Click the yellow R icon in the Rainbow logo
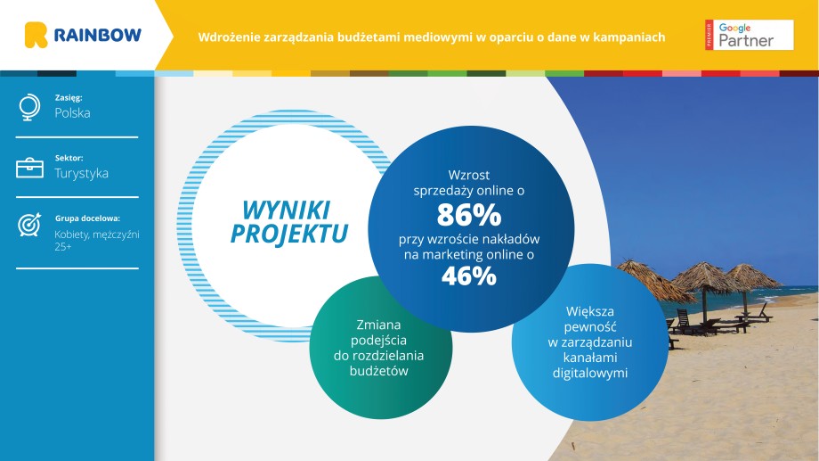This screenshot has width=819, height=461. point(36,35)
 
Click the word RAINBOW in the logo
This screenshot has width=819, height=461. point(98,35)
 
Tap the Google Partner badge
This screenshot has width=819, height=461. point(749,35)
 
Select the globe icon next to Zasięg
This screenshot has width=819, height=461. point(29,107)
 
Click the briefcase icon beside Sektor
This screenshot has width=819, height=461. point(29,168)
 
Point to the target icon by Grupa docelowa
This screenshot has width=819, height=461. point(29,225)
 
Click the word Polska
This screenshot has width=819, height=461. point(73,113)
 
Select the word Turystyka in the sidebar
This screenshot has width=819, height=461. point(82,173)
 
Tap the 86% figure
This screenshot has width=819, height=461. point(469,215)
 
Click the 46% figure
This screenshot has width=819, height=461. point(469,276)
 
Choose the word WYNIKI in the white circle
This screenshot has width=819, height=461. point(287,210)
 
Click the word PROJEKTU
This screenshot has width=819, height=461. point(289,234)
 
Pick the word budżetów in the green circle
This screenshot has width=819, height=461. point(378,371)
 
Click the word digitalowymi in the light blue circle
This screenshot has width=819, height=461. point(590,373)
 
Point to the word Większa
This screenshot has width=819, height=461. point(590,311)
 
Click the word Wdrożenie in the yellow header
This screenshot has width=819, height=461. point(229,37)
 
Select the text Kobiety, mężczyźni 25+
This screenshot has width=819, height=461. point(97,240)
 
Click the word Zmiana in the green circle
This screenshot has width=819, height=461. point(378,325)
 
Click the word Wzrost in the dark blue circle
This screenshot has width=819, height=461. point(469,176)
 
